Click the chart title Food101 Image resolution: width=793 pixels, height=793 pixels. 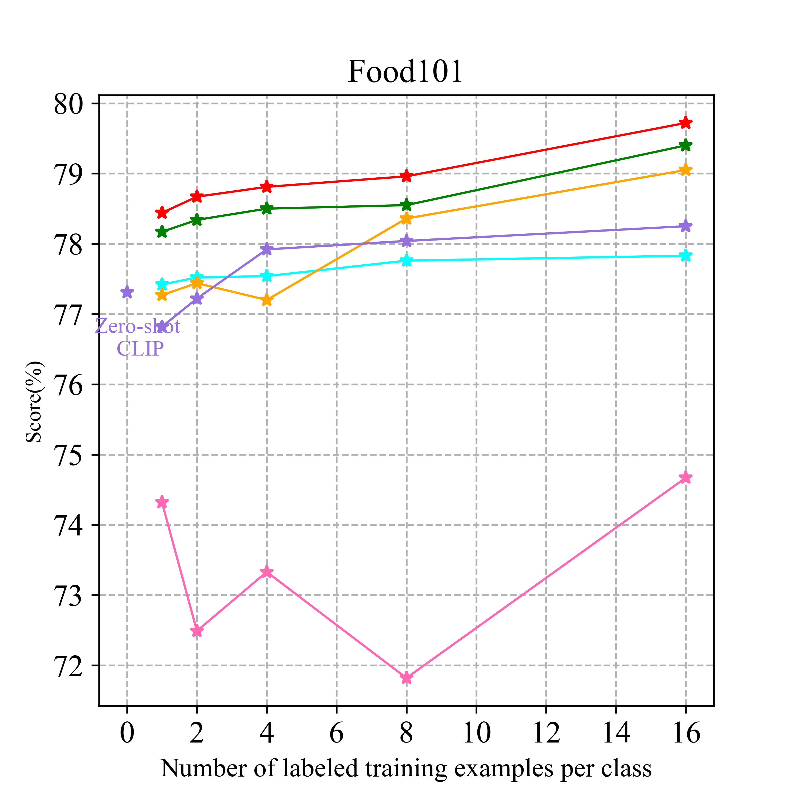pyautogui.click(x=405, y=72)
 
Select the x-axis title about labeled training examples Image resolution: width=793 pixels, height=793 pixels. pyautogui.click(x=405, y=768)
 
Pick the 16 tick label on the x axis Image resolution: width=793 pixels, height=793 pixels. pyautogui.click(x=685, y=734)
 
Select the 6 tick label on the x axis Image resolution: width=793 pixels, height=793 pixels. pyautogui.click(x=336, y=734)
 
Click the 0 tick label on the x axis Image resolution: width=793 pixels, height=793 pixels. pyautogui.click(x=127, y=734)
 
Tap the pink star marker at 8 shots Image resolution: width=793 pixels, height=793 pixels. pyautogui.click(x=406, y=678)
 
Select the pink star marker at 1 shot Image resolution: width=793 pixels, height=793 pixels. pyautogui.click(x=162, y=502)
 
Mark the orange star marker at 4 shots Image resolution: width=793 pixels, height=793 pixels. pyautogui.click(x=267, y=300)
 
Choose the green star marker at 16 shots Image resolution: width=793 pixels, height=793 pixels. pyautogui.click(x=685, y=145)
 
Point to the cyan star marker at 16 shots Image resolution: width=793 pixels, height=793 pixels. pyautogui.click(x=685, y=256)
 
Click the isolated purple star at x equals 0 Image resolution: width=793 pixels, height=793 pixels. pyautogui.click(x=127, y=292)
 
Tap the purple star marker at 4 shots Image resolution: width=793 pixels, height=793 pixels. pyautogui.click(x=267, y=249)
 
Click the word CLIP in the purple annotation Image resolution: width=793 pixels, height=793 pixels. pyautogui.click(x=140, y=349)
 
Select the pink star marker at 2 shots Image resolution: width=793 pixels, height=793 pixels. pyautogui.click(x=197, y=630)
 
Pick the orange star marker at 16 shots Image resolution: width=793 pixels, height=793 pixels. pyautogui.click(x=685, y=170)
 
